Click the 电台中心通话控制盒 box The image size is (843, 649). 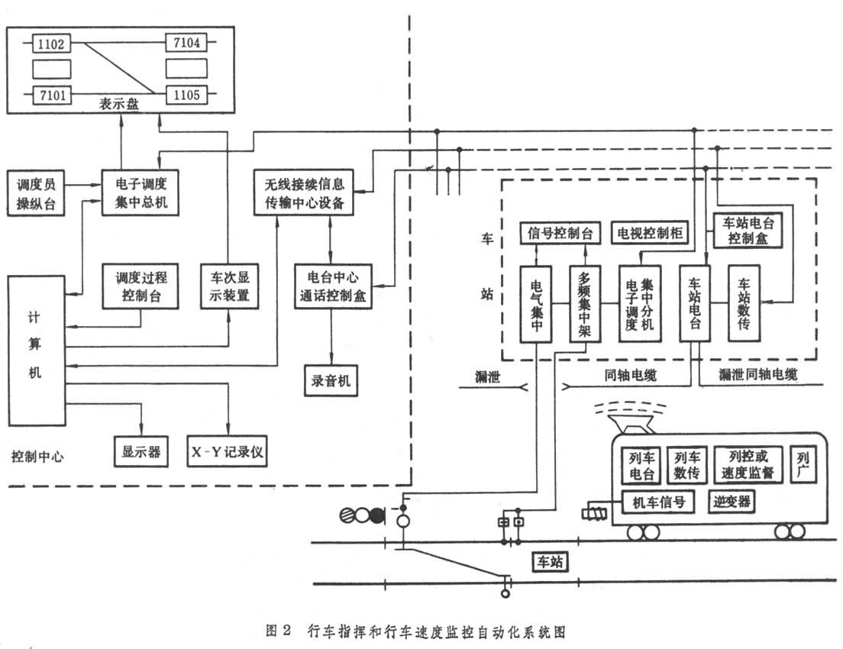pos(332,285)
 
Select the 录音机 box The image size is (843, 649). pos(332,379)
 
